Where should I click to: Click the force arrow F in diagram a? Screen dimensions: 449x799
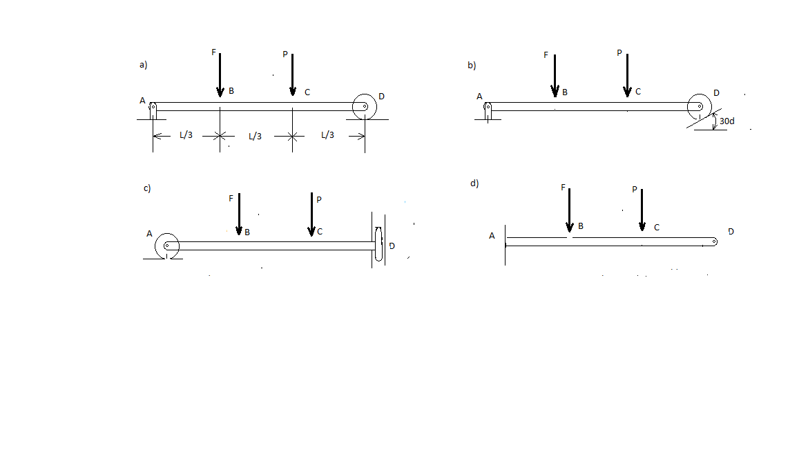pos(220,74)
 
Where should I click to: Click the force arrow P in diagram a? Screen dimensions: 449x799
pos(293,74)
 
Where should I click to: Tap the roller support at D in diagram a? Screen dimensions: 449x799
pos(364,107)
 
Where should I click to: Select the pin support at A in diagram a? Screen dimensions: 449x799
pos(153,110)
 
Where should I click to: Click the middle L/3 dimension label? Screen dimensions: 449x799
pos(255,137)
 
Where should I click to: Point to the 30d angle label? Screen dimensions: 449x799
pos(726,121)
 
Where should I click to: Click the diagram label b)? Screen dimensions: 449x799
pos(472,66)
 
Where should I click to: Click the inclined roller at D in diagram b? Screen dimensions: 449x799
pos(700,107)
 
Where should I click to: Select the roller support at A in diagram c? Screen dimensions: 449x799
pos(167,246)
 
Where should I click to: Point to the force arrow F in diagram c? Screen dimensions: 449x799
pos(239,214)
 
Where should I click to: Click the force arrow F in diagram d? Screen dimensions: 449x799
pos(570,210)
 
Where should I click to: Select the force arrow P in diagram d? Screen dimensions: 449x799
pos(642,210)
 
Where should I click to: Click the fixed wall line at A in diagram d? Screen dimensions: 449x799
pos(505,245)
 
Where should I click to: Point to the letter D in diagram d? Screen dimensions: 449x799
pos(731,232)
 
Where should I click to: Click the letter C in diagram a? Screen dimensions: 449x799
pos(307,92)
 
